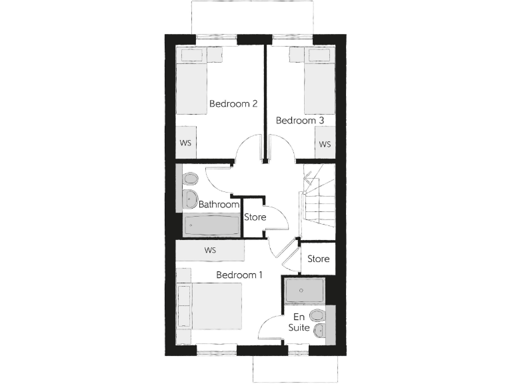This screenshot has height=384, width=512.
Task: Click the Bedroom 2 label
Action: (233, 103)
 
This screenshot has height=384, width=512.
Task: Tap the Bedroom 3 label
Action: (300, 121)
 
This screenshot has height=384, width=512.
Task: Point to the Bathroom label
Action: (219, 205)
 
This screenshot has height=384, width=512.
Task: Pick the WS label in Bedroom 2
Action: (186, 143)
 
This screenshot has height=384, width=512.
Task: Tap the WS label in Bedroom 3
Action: (325, 143)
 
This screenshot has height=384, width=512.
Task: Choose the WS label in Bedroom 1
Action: (211, 251)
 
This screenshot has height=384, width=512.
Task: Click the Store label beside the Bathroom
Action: (255, 217)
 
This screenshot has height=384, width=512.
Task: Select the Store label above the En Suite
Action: (318, 259)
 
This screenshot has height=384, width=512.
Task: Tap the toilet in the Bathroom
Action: (190, 179)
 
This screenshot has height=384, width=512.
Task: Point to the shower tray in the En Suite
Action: (305, 291)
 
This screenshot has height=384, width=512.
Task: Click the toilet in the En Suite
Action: (318, 315)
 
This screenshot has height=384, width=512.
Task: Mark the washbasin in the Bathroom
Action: (187, 197)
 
